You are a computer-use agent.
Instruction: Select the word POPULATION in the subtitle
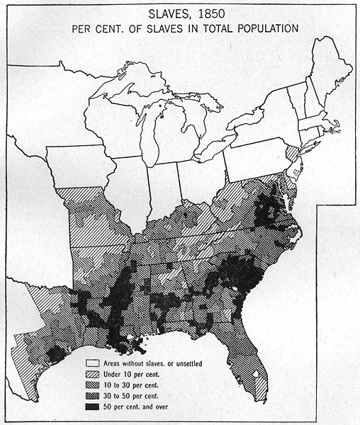pyautogui.click(x=263, y=28)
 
